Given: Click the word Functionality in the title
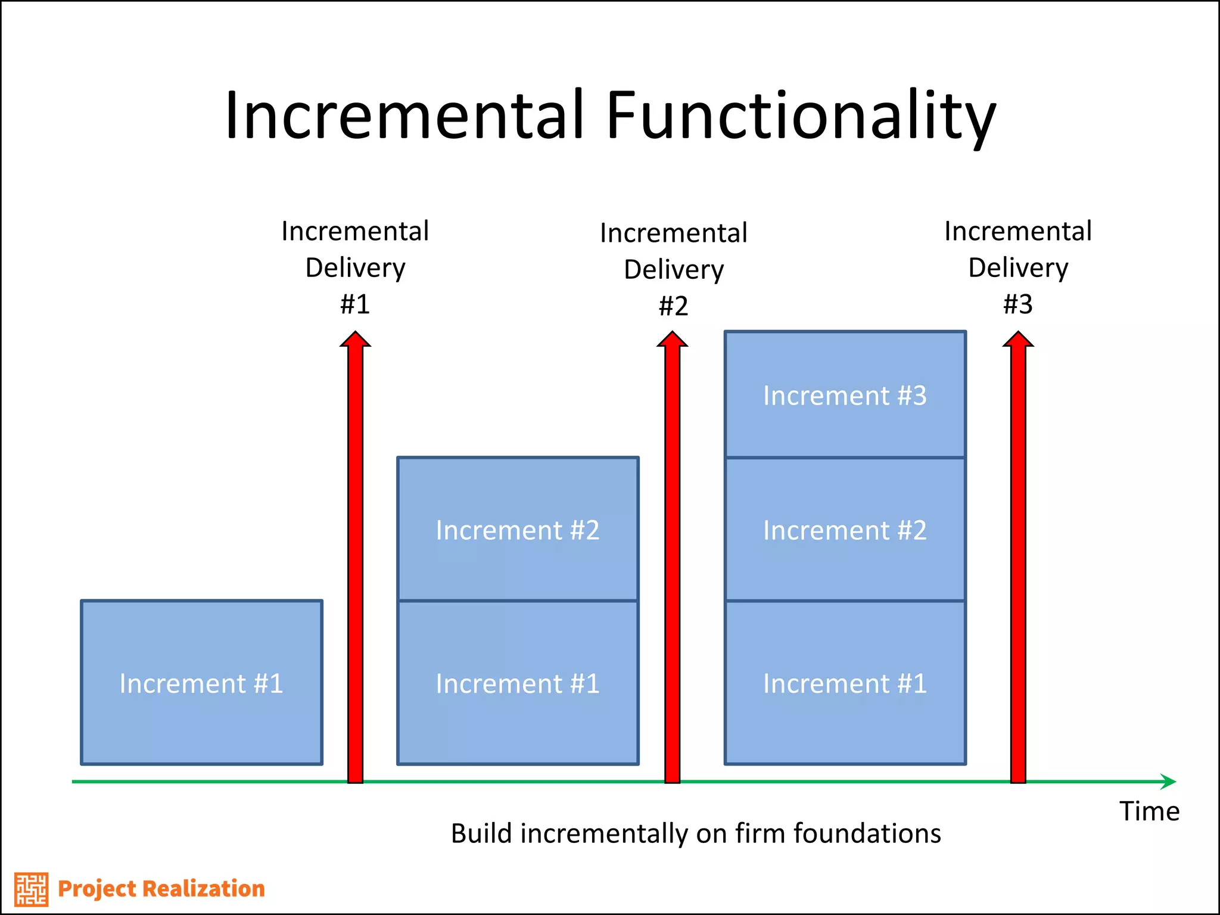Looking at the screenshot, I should coord(801,116).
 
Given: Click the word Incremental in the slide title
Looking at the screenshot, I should coord(405,116).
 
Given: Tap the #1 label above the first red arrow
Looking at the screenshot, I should coord(355,304).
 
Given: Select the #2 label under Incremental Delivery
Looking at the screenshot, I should coord(673,306).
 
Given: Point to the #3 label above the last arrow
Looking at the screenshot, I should coord(1017,304).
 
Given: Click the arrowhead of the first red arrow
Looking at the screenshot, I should coord(355,340).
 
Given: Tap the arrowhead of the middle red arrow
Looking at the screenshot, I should coord(672,340).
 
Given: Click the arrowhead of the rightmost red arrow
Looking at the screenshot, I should coord(1017,340).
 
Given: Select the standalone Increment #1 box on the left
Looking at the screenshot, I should coord(201,683).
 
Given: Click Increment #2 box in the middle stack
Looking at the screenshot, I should coord(518,529).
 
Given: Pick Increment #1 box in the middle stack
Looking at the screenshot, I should coord(518,683).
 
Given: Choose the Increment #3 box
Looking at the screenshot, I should coord(845,395).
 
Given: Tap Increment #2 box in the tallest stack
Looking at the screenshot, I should coord(845,529).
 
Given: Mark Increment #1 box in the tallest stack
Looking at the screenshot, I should coord(845,683).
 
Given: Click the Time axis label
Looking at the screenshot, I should coord(1149,811).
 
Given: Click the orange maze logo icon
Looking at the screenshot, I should coord(31,889).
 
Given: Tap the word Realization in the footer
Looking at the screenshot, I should coord(204,889).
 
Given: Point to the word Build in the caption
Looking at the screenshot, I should coord(481,833).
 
